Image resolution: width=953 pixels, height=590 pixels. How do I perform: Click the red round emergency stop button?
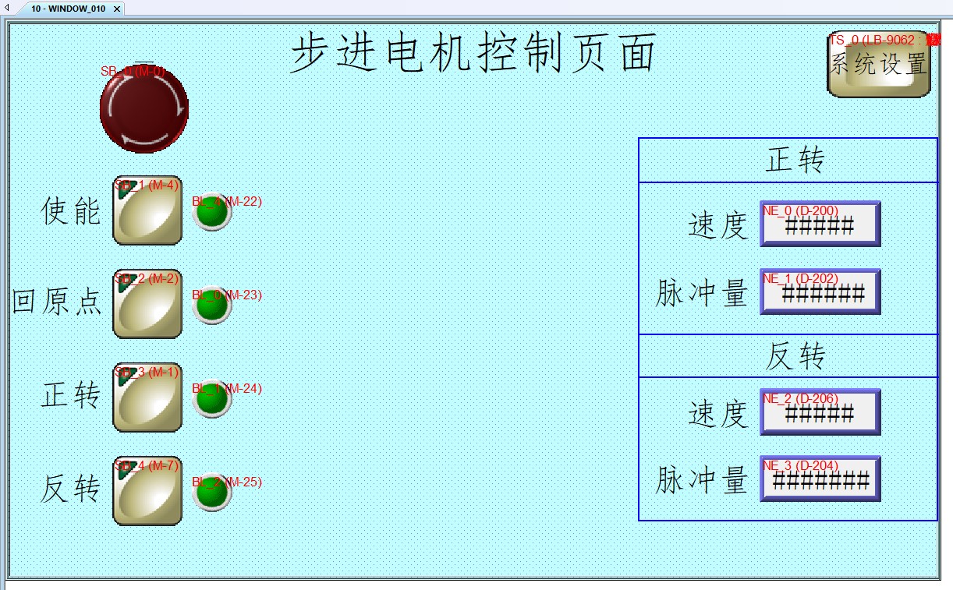[x=144, y=108]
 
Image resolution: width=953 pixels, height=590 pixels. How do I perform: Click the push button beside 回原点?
[x=147, y=304]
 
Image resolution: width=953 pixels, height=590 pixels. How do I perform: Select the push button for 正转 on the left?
[x=147, y=397]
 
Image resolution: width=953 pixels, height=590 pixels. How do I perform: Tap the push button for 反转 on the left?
[x=147, y=490]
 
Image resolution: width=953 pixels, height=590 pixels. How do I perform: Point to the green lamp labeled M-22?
[x=211, y=210]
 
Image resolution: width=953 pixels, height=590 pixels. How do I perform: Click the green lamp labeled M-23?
[x=211, y=305]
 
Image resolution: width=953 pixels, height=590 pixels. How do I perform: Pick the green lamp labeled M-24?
[x=211, y=398]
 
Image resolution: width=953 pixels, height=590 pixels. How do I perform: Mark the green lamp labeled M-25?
[x=211, y=492]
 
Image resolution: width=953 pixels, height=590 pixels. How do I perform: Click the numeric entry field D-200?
[x=820, y=224]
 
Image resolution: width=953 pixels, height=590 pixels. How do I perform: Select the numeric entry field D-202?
[x=820, y=292]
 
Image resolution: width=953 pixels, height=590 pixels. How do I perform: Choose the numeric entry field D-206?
[x=820, y=412]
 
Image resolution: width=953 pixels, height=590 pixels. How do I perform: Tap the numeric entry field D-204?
[x=820, y=479]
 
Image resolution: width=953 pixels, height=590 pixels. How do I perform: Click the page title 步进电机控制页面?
[x=473, y=54]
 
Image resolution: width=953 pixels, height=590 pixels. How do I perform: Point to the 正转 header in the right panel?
[x=795, y=161]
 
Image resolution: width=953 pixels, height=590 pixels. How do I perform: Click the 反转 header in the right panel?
[x=795, y=357]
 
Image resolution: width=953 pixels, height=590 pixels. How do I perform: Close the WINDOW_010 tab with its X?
[x=117, y=9]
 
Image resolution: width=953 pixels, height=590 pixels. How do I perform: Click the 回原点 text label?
[x=57, y=302]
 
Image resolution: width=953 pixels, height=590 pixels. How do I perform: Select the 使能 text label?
[x=71, y=210]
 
